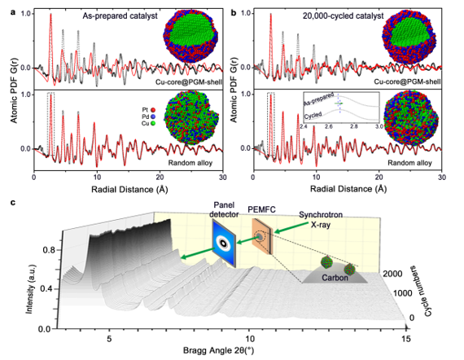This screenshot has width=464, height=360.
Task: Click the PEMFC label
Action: pos(267,209)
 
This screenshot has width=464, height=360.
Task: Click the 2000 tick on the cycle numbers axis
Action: pos(394,274)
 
